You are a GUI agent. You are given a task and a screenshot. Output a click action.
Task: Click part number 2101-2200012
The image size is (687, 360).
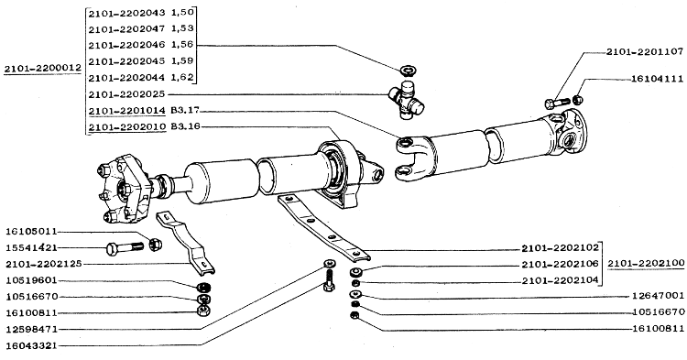(42, 69)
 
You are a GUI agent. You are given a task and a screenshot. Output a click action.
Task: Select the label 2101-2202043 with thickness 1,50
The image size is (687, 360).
(141, 13)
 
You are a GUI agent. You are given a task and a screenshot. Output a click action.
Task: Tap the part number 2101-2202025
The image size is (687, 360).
(126, 94)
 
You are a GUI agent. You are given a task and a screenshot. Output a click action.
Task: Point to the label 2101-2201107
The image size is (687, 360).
(645, 51)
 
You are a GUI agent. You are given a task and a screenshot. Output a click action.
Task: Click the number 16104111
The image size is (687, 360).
(657, 80)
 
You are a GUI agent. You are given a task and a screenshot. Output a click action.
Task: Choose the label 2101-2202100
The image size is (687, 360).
(646, 263)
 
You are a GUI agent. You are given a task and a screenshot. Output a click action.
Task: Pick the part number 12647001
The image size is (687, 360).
(658, 296)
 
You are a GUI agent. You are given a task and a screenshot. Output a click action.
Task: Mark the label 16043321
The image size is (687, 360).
(31, 345)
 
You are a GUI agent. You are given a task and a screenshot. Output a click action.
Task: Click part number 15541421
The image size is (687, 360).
(31, 248)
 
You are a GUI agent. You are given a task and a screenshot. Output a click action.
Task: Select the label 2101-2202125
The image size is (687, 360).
(44, 264)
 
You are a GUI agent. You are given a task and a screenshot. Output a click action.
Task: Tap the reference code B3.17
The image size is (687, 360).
(185, 110)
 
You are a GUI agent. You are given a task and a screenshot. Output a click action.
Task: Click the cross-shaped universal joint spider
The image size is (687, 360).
(407, 100)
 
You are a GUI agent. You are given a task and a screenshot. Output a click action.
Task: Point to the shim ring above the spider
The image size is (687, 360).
(409, 70)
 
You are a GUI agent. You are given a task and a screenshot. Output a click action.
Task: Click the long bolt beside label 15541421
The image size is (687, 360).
(125, 248)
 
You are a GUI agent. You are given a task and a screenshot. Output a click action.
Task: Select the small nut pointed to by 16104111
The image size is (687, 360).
(578, 100)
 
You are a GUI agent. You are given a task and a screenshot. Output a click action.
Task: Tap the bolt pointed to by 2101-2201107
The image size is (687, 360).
(557, 104)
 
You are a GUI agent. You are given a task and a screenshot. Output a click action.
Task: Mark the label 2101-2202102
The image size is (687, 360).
(560, 248)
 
